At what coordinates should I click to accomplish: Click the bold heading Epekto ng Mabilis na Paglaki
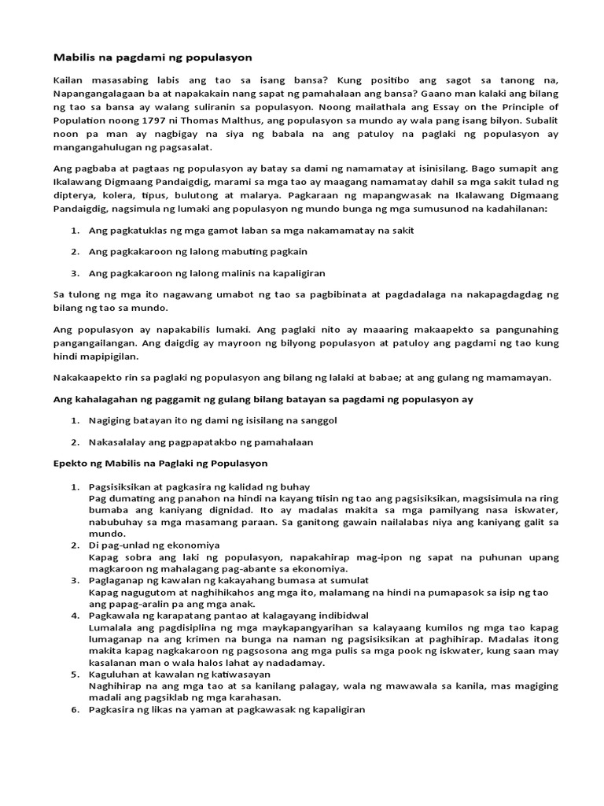(x=160, y=463)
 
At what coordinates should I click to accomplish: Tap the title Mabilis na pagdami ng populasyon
(x=142, y=57)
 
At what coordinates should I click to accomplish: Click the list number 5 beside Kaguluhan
(x=75, y=674)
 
